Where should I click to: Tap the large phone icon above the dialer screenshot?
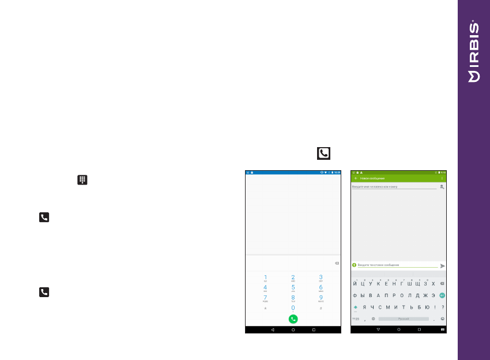pyautogui.click(x=323, y=153)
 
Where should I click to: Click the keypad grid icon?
pyautogui.click(x=82, y=180)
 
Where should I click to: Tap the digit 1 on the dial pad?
pyautogui.click(x=265, y=277)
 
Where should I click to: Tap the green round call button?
pyautogui.click(x=293, y=318)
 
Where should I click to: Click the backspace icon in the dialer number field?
pyautogui.click(x=337, y=263)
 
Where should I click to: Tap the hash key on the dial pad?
pyautogui.click(x=321, y=309)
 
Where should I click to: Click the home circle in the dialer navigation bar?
pyautogui.click(x=293, y=329)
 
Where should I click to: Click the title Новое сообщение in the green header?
pyautogui.click(x=372, y=178)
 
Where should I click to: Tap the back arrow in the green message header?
pyautogui.click(x=355, y=178)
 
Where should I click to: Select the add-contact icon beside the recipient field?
pyautogui.click(x=442, y=187)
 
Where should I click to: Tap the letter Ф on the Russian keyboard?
pyautogui.click(x=355, y=295)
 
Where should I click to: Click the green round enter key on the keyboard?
pyautogui.click(x=442, y=295)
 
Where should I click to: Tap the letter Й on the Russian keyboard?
pyautogui.click(x=355, y=284)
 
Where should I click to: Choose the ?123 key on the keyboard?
pyautogui.click(x=356, y=318)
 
